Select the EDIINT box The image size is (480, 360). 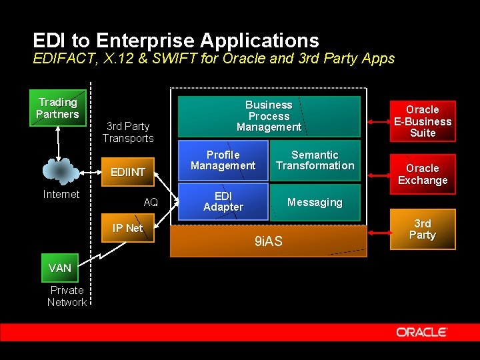point(128,172)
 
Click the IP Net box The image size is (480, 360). point(127,228)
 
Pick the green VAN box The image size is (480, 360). point(60,267)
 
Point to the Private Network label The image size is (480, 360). point(67,296)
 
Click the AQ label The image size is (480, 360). point(151,201)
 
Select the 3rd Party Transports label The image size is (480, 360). point(128,132)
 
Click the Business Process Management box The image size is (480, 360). point(269,116)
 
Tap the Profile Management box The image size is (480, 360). point(223,160)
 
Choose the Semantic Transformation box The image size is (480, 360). point(315,160)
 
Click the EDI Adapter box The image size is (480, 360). point(223,201)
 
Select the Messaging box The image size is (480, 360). point(315,202)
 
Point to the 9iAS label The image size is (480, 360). point(269,241)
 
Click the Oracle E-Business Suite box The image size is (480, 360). point(423,121)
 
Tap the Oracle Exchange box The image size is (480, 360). point(423,174)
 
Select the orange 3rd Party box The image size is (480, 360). point(423,229)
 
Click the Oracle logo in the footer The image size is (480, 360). point(422,331)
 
